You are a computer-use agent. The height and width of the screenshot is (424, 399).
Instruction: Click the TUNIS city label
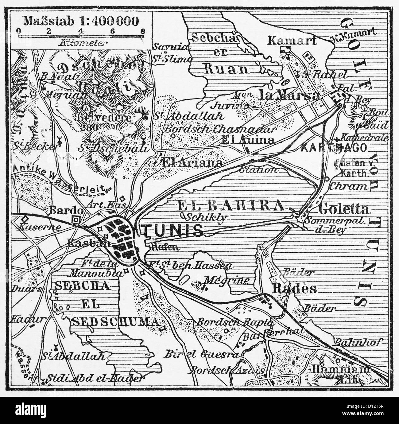tap(174, 230)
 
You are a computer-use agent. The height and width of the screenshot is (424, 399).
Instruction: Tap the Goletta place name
tap(344, 209)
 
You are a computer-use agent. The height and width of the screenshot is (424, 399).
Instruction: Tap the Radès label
tap(291, 288)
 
